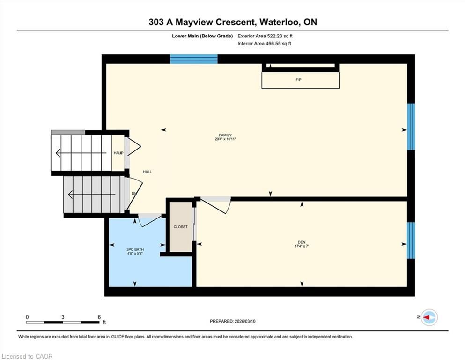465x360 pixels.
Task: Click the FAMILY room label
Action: tap(225, 135)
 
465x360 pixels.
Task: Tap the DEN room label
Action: tap(302, 242)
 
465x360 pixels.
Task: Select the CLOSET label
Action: tap(181, 227)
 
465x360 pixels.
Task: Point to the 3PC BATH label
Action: tap(135, 249)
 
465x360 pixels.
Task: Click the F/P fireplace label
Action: tap(299, 80)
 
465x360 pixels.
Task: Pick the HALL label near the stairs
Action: tap(148, 172)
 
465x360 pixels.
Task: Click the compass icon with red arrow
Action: tap(429, 317)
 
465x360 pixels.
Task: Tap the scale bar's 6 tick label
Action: tap(99, 317)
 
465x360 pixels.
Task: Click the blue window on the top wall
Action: tap(194, 59)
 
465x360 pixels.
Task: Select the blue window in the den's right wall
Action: tap(411, 240)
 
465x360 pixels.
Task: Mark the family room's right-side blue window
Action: tap(411, 127)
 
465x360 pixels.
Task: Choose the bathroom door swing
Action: tap(150, 221)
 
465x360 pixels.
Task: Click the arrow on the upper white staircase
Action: tap(81, 153)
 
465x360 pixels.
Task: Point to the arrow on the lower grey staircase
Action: tap(92, 195)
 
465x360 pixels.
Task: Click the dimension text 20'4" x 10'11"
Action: tap(225, 139)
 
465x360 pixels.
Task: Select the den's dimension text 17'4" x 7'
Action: tap(302, 246)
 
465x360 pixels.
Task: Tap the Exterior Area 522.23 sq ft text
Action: tap(265, 36)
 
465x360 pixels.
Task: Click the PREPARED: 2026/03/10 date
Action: tap(232, 321)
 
